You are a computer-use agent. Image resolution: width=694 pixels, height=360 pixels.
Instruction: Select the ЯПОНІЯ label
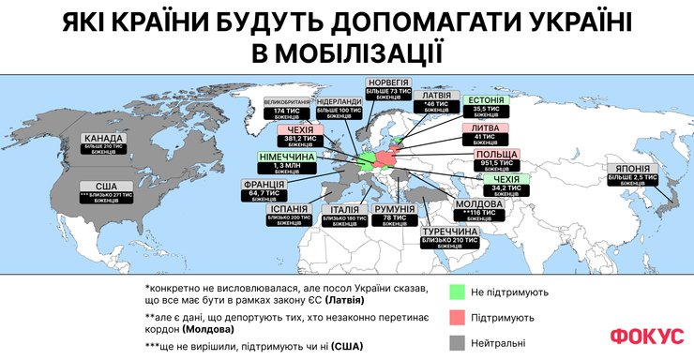[636, 173]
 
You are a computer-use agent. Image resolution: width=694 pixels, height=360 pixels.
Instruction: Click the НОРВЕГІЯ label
[386, 88]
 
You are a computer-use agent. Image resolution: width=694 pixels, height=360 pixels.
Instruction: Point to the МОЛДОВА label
[482, 209]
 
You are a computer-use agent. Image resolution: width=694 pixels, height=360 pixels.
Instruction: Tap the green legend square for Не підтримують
[459, 292]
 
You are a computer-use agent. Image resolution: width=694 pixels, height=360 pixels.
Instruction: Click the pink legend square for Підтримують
[459, 318]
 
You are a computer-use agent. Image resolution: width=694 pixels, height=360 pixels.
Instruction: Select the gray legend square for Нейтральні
[459, 343]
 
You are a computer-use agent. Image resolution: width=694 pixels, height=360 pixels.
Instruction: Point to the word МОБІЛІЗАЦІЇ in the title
[346, 51]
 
